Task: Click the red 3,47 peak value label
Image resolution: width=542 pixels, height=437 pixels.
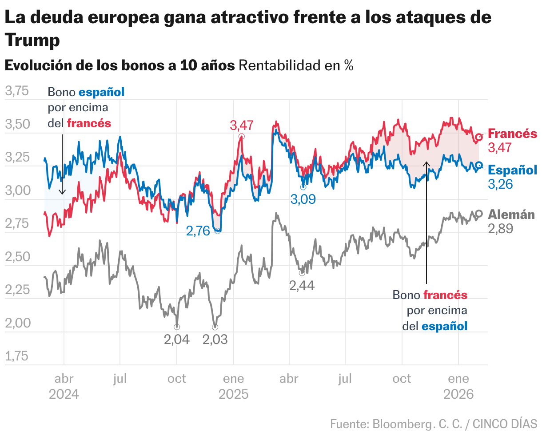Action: pos(242,125)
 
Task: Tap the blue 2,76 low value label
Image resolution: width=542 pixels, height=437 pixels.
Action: pos(198,231)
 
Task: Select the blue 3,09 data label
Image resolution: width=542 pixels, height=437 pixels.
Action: pos(303,199)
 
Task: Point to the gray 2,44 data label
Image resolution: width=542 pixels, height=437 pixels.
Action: pos(302,285)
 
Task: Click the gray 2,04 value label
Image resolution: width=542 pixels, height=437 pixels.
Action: pos(177,340)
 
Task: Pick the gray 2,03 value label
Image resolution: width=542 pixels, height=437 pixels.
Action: pos(215,340)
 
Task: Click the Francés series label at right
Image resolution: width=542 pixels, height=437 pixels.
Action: pos(512,134)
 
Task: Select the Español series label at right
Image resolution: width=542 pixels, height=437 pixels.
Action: pos(512,170)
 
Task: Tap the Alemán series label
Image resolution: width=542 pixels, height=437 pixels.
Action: pos(511,214)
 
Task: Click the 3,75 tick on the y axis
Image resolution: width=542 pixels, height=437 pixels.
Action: pos(16,91)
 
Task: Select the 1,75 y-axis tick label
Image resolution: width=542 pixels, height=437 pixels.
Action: pos(16,356)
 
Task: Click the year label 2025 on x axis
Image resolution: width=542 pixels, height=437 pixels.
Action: pos(233,394)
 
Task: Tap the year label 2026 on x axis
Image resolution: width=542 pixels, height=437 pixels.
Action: pos(458,394)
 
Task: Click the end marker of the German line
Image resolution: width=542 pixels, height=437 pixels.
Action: pos(479,214)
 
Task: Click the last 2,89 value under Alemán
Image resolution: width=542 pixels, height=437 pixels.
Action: pos(500,229)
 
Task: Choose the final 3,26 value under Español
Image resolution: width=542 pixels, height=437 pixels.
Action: pos(500,184)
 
